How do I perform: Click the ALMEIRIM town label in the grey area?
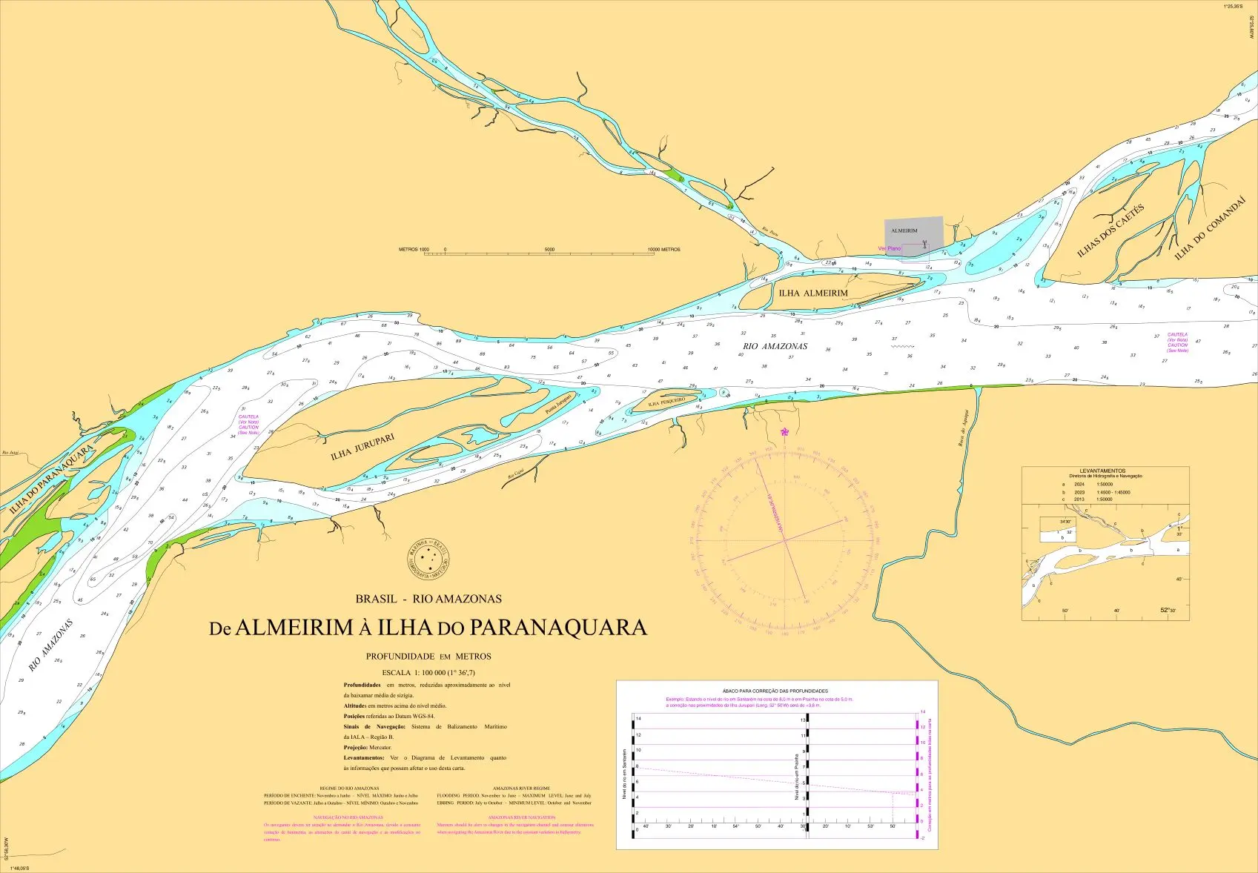point(904,230)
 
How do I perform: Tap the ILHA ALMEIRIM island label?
point(813,293)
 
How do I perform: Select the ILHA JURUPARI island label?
point(362,447)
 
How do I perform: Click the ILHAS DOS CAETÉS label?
point(1110,230)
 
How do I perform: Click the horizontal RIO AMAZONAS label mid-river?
point(775,346)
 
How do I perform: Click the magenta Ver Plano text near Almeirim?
point(889,249)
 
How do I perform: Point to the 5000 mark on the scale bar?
point(549,250)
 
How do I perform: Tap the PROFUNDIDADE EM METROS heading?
point(428,657)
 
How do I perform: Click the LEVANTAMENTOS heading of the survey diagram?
point(1102,471)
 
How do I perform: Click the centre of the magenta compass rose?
point(785,540)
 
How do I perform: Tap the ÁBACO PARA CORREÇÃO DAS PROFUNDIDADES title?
point(775,691)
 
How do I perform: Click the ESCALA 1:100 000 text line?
point(428,673)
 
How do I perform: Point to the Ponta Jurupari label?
point(558,405)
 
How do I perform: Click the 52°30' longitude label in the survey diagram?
point(1169,610)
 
